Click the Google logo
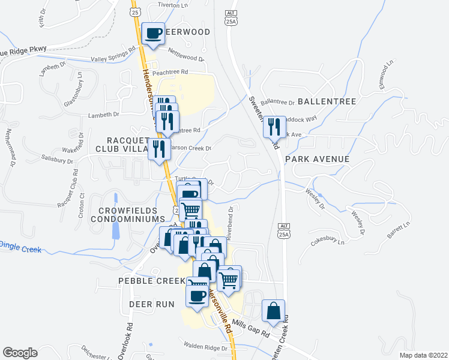click(x=20, y=353)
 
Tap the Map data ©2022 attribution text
click(x=424, y=355)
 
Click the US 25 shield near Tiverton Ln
click(x=135, y=12)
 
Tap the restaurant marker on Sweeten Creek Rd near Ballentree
click(x=274, y=127)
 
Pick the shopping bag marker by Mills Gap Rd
click(x=274, y=311)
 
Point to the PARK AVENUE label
click(x=317, y=159)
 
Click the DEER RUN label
click(x=151, y=304)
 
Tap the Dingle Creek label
click(x=20, y=245)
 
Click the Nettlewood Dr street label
click(x=187, y=54)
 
